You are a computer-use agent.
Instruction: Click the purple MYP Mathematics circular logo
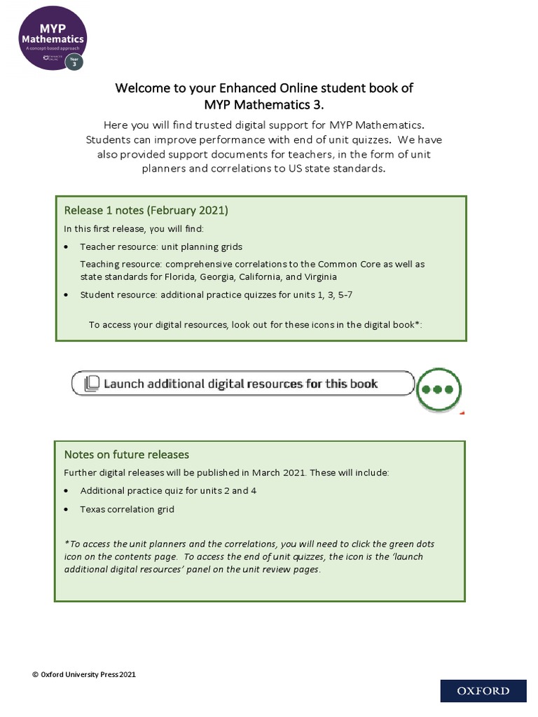(53, 35)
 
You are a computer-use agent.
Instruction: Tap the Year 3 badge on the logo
(74, 61)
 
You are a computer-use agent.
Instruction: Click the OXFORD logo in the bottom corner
(483, 690)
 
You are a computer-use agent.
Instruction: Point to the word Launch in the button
(125, 384)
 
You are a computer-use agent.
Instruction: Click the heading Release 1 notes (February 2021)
(146, 210)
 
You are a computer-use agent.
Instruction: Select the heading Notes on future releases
(126, 454)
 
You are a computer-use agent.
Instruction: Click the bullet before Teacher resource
(67, 247)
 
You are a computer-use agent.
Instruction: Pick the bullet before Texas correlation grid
(67, 510)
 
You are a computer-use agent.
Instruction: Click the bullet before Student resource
(67, 295)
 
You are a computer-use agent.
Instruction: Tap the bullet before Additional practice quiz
(67, 491)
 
